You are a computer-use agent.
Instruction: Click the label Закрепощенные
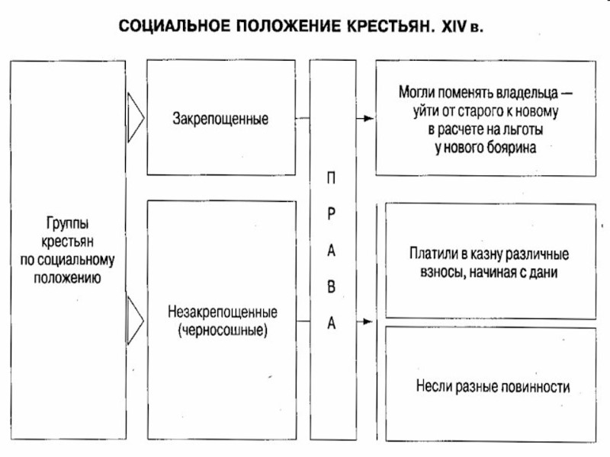click(220, 120)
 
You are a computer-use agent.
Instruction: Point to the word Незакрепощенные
click(220, 313)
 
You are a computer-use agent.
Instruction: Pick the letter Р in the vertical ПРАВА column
click(330, 215)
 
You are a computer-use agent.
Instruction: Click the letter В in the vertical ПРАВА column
click(330, 288)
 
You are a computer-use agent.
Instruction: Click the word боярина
click(512, 149)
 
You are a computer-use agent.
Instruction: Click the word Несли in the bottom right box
click(432, 386)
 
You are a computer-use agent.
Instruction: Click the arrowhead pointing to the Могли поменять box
click(369, 119)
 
